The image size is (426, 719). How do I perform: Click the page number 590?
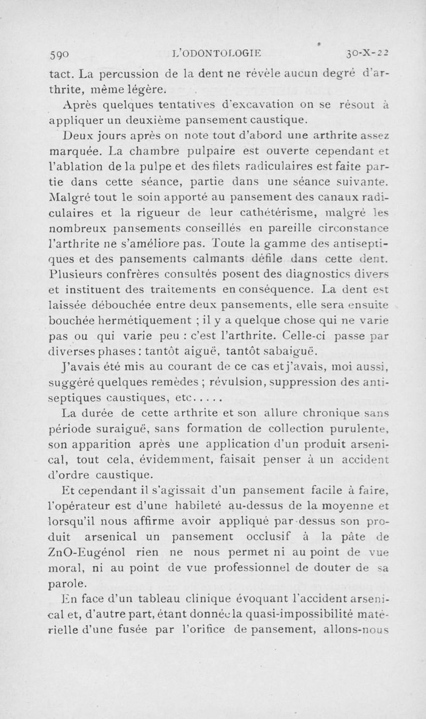pos(60,53)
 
